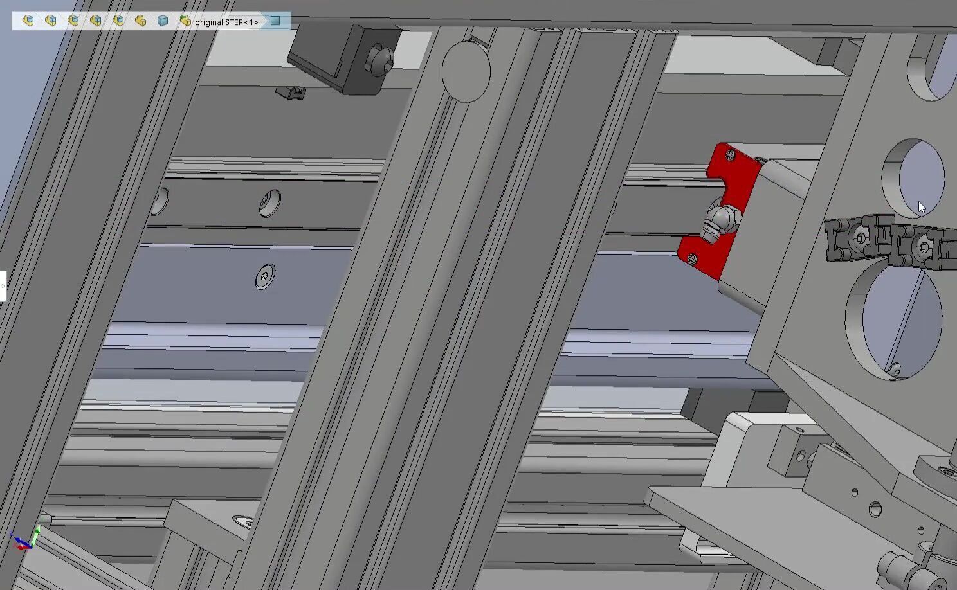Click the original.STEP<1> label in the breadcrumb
point(226,22)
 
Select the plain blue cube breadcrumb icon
point(163,21)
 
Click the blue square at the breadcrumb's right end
point(275,21)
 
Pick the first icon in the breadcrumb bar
point(28,21)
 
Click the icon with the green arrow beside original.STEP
point(185,21)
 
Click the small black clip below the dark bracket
point(291,93)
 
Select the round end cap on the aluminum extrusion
point(466,71)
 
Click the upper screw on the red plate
point(730,154)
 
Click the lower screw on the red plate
point(691,258)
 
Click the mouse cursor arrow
point(921,207)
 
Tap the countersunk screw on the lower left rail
point(264,276)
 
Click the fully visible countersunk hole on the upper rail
point(270,203)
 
